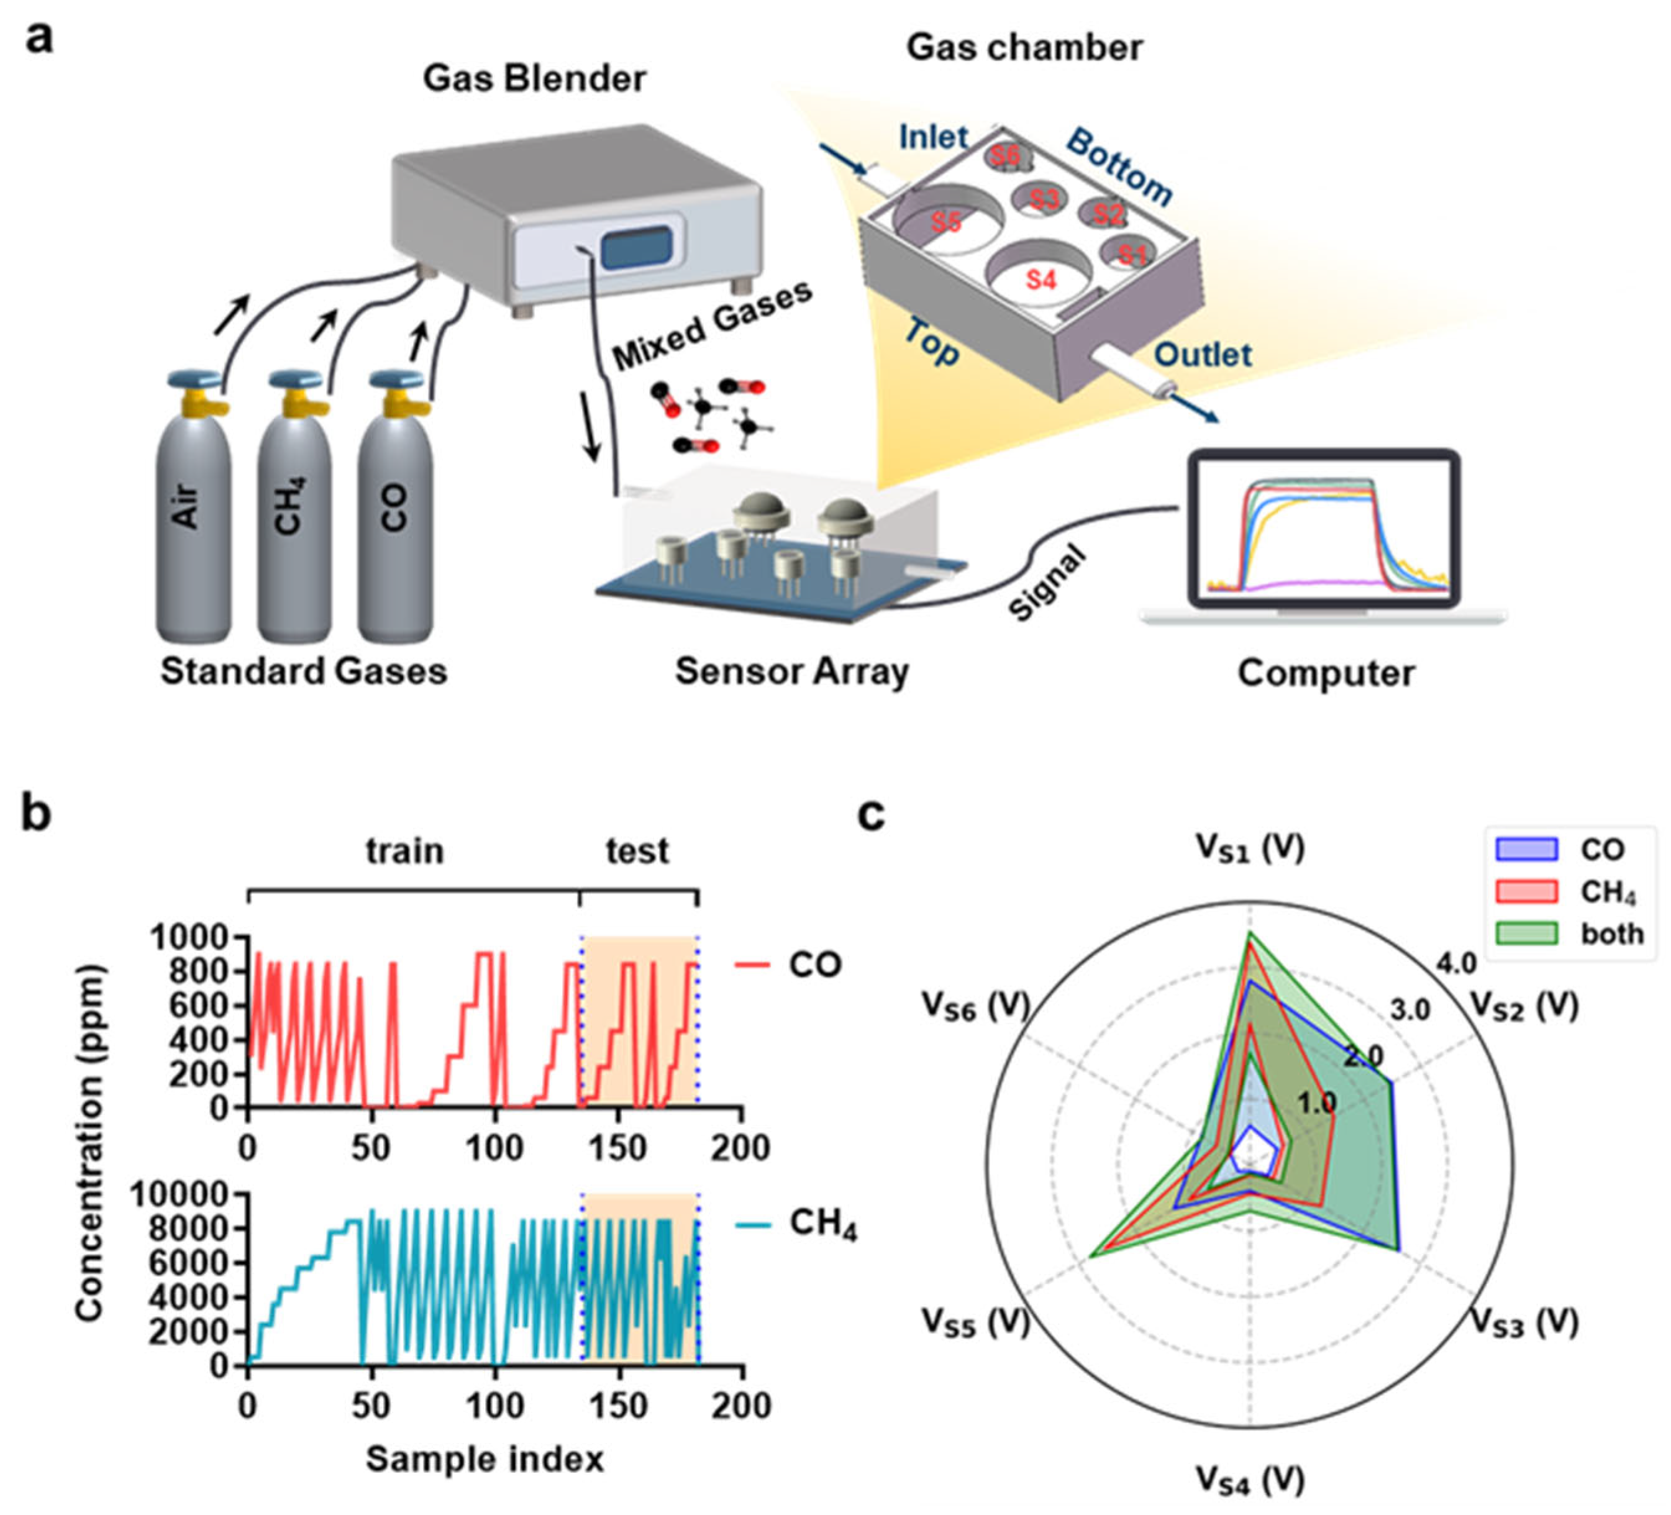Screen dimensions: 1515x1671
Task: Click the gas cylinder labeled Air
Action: (x=193, y=514)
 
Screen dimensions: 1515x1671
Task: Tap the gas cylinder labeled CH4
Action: (x=293, y=514)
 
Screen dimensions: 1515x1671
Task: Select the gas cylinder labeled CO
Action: (x=394, y=514)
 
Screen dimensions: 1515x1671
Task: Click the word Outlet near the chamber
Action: (x=1203, y=355)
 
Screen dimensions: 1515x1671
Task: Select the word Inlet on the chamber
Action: (x=933, y=137)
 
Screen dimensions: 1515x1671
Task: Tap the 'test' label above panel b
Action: (x=637, y=851)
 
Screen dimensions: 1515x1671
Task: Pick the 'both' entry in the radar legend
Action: (x=1611, y=934)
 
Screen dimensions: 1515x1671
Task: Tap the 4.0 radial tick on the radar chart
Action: (x=1456, y=963)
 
